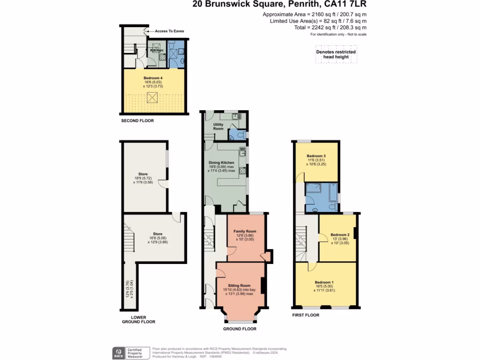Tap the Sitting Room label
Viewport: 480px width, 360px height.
click(x=239, y=285)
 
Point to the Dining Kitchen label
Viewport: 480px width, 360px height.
click(x=221, y=163)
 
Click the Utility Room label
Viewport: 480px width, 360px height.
click(x=218, y=126)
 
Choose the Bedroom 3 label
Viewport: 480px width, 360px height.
click(x=316, y=156)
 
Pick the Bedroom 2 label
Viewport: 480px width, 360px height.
click(x=340, y=235)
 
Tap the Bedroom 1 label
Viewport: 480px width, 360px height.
click(x=324, y=282)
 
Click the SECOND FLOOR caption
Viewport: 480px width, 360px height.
click(x=137, y=121)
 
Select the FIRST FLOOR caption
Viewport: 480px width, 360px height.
click(x=305, y=315)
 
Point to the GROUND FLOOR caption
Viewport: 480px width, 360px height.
click(x=239, y=329)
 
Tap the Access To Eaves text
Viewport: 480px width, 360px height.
click(x=169, y=31)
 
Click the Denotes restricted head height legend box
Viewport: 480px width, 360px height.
click(x=336, y=54)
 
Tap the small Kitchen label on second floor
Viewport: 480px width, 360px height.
click(x=157, y=50)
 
